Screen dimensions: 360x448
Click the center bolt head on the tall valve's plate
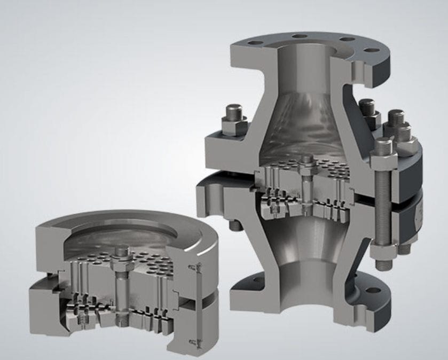306,160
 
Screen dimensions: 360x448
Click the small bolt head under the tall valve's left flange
234,225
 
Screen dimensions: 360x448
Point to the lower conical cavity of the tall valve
304,246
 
